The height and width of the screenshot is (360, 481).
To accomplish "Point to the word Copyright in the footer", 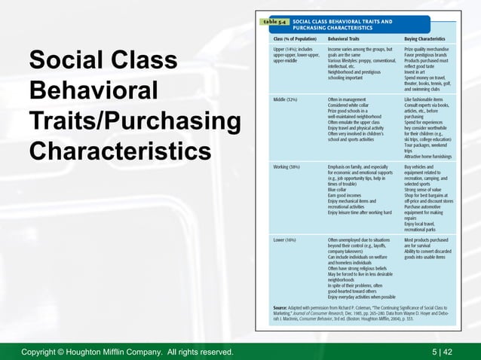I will pos(45,352).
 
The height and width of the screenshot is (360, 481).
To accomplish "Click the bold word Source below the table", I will pos(281,309).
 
